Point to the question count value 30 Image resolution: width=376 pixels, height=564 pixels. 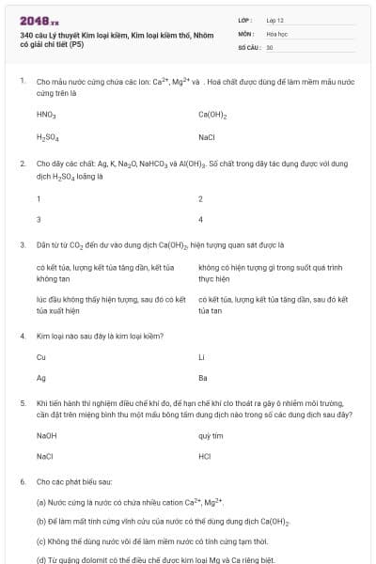tap(270, 46)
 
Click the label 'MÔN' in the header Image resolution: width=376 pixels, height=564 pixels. tap(246, 33)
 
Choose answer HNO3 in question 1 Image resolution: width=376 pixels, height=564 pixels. tap(46, 115)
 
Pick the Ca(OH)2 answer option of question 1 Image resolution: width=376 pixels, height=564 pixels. tap(213, 115)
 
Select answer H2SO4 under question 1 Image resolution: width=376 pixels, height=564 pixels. tap(47, 137)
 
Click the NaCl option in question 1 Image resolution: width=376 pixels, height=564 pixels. tap(207, 137)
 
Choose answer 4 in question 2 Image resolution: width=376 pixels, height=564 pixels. tap(200, 219)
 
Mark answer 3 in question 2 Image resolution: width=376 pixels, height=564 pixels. tap(39, 219)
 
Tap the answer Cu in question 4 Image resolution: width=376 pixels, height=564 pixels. tap(41, 356)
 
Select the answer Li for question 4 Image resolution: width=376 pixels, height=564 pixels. tap(201, 356)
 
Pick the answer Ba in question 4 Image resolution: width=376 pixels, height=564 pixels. tap(203, 378)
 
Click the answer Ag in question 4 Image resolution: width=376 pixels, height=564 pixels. tap(41, 378)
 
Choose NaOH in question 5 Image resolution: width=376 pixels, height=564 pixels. tap(46, 436)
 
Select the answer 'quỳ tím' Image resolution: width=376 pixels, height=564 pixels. tap(211, 436)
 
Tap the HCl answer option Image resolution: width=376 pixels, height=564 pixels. tap(205, 457)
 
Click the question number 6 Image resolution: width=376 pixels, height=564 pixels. tap(22, 481)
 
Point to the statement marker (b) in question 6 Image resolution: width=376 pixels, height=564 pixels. tap(41, 521)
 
